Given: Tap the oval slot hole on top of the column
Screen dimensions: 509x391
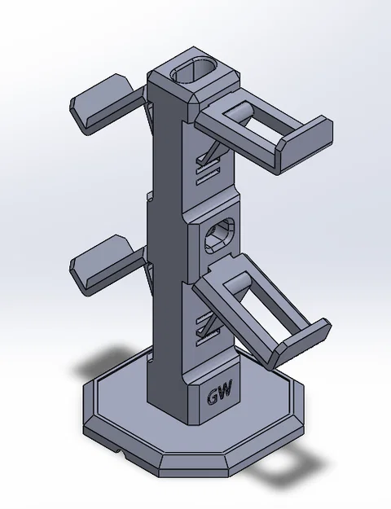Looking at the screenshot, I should click(x=194, y=72).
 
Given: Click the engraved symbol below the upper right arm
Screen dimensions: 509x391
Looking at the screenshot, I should click(x=211, y=160).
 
